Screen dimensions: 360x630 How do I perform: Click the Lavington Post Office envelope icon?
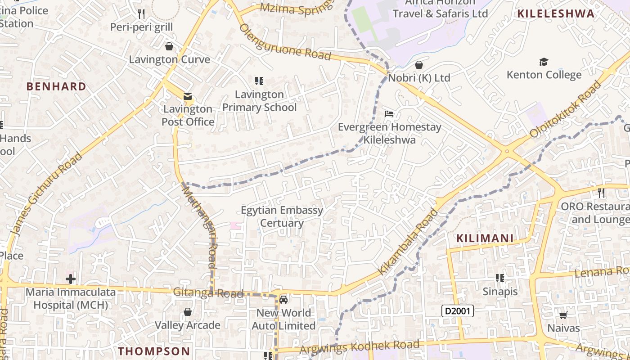(187, 96)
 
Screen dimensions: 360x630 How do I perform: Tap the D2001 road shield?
(458, 311)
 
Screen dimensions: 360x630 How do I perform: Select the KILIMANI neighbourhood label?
(485, 238)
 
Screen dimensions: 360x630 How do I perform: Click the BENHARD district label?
(56, 86)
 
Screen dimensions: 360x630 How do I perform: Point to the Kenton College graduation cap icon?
(544, 62)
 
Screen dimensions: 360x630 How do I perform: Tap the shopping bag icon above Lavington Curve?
(169, 46)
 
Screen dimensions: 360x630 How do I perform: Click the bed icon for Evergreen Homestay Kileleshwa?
(389, 113)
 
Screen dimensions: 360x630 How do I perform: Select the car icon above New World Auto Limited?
(283, 299)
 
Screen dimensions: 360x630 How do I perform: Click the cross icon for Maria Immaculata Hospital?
(71, 279)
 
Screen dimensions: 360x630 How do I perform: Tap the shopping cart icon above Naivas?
(563, 315)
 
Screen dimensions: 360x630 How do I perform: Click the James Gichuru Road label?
(46, 194)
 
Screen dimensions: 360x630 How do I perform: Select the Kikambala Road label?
(408, 242)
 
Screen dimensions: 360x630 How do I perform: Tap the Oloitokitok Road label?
(566, 109)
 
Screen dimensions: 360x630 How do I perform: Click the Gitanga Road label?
(208, 293)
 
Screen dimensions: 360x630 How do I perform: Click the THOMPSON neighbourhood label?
(154, 351)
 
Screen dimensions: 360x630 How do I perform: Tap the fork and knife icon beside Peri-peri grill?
(141, 14)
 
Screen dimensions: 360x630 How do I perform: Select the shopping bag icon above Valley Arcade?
(188, 312)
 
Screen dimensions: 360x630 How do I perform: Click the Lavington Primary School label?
(260, 101)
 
